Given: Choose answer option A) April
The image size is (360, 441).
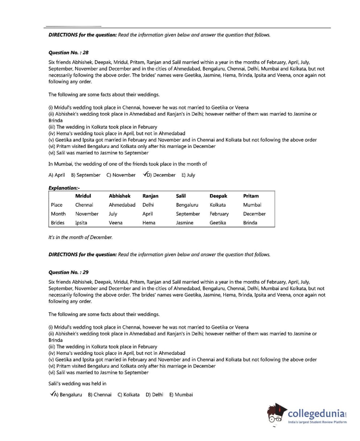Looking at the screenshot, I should click(57, 175).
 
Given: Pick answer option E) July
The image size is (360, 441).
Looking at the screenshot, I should click(188, 175).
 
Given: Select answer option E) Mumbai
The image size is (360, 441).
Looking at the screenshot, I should click(181, 395).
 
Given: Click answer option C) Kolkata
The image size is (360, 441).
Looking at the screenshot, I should click(128, 395).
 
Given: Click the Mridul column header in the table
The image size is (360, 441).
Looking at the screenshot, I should click(83, 196).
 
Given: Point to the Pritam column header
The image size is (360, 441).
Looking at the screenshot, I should click(251, 196).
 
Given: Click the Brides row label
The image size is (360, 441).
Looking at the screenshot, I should click(58, 223).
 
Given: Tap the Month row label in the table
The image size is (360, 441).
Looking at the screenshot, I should click(58, 214).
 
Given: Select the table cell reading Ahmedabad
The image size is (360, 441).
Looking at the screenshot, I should click(122, 205).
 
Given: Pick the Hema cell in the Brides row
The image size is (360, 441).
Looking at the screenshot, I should click(149, 223).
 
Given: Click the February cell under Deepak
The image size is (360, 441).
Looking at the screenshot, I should click(219, 214).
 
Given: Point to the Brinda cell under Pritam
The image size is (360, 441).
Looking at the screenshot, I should click(250, 223).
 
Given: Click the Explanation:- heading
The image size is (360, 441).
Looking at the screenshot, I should click(64, 188).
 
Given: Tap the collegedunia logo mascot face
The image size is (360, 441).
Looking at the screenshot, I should click(277, 415).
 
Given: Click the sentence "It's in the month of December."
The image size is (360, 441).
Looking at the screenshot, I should click(80, 237).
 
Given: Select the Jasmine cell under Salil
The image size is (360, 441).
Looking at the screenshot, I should click(185, 223).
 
